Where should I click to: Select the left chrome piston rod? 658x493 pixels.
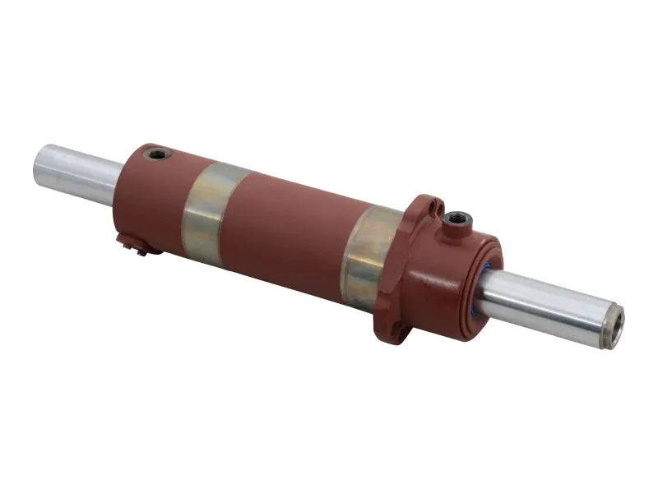pyautogui.click(x=74, y=172)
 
